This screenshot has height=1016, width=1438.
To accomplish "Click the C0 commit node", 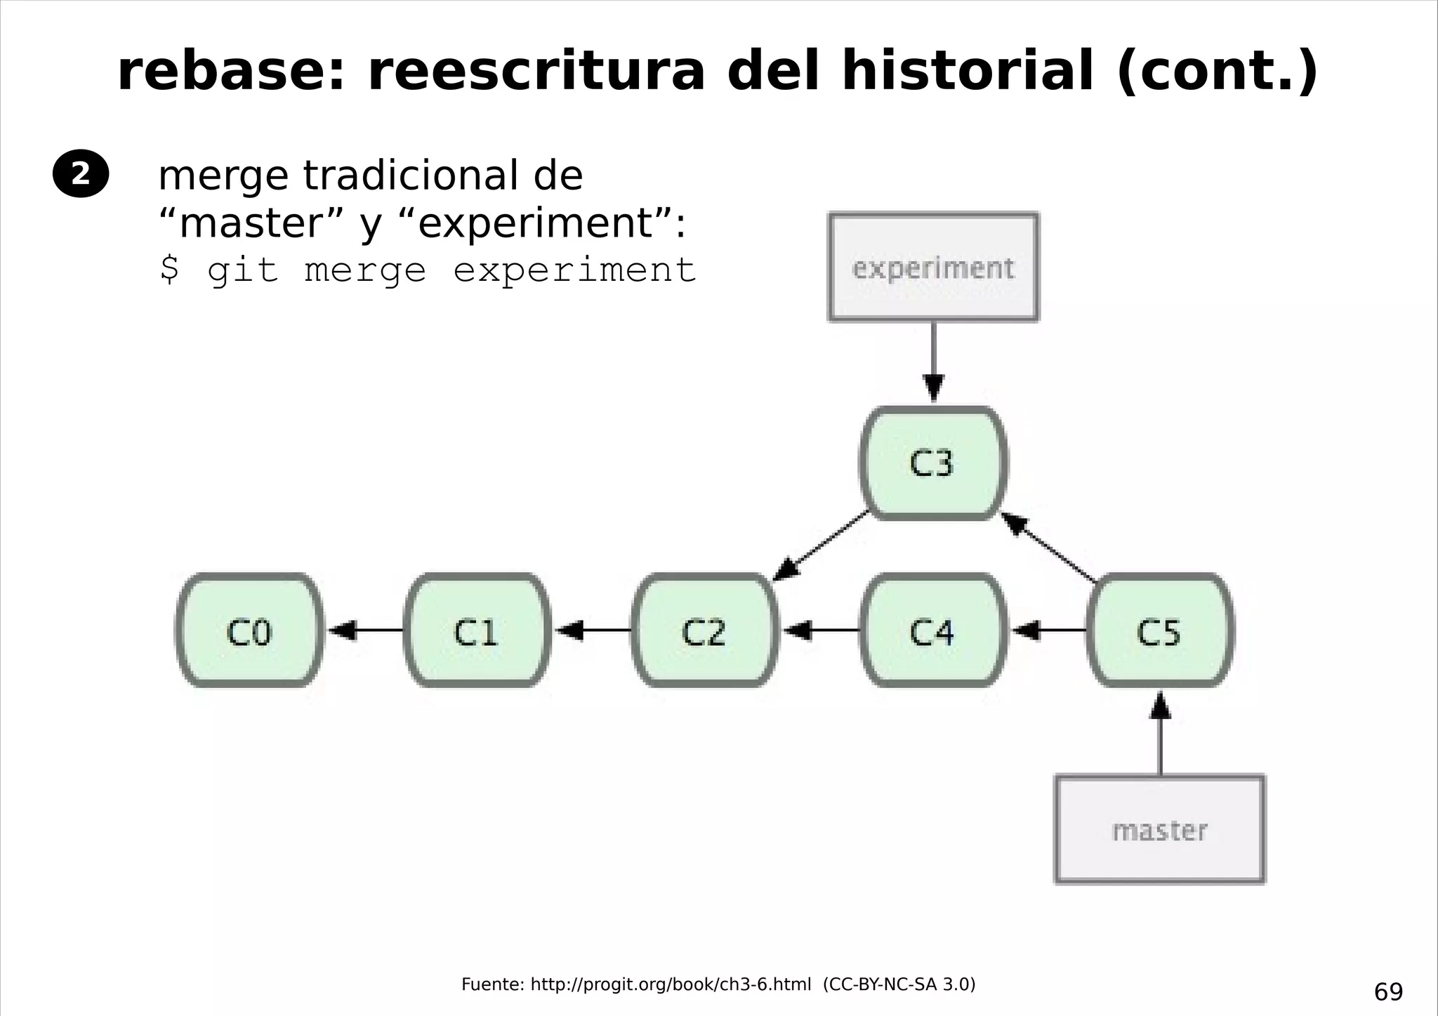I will point(249,631).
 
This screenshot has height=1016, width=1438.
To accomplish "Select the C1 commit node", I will point(477,631).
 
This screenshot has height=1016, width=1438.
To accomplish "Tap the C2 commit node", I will point(704,631).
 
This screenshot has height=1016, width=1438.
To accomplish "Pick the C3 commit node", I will point(933,463).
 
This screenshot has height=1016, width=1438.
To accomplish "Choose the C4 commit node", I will point(932,631).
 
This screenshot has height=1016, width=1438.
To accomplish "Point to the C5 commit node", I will point(1160,631).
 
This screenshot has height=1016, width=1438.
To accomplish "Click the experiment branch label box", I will point(933,268).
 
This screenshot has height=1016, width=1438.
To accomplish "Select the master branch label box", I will point(1160,830).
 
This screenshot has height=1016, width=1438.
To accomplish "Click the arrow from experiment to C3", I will point(933,362).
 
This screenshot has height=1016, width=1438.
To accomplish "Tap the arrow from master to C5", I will point(1160,734).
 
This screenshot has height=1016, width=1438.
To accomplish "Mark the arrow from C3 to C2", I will point(822,546).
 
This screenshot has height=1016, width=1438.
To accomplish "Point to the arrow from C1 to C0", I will point(365,631).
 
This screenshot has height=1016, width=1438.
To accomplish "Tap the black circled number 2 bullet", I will point(81,173).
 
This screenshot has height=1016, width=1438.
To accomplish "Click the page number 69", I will point(1388,992).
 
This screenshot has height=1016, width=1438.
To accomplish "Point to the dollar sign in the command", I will point(169,270).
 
